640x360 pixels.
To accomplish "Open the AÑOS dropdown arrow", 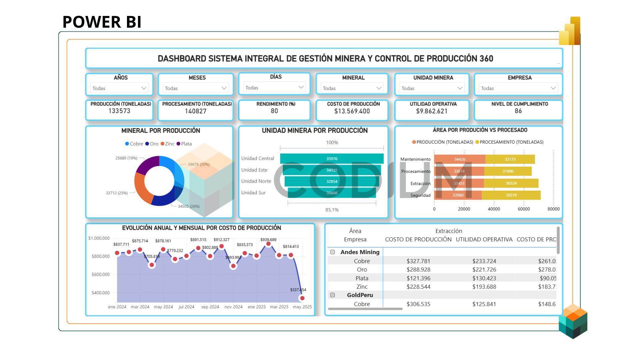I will [x=144, y=88].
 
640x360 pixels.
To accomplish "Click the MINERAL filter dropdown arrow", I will [x=379, y=88].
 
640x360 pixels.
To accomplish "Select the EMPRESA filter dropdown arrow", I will [x=553, y=88].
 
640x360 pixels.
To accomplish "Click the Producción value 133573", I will [x=119, y=111].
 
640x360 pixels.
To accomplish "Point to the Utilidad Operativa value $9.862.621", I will [x=432, y=111].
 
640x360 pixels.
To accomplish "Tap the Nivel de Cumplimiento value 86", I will [x=518, y=111].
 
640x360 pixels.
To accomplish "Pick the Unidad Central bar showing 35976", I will [x=332, y=159].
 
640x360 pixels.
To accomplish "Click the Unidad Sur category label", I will [x=253, y=193].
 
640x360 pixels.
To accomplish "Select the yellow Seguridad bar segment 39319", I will [x=511, y=195].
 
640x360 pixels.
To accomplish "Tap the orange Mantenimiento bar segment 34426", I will [x=460, y=159].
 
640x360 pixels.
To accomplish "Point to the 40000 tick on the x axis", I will [x=494, y=209].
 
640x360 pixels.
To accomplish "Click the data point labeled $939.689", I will [x=268, y=244].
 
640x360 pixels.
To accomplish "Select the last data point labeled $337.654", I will [x=302, y=298].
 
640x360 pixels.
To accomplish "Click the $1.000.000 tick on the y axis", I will [x=99, y=238].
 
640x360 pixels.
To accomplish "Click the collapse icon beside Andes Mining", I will [x=332, y=252].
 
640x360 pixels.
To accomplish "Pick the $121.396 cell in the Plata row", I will [x=418, y=278].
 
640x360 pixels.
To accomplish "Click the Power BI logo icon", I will [x=570, y=31].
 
